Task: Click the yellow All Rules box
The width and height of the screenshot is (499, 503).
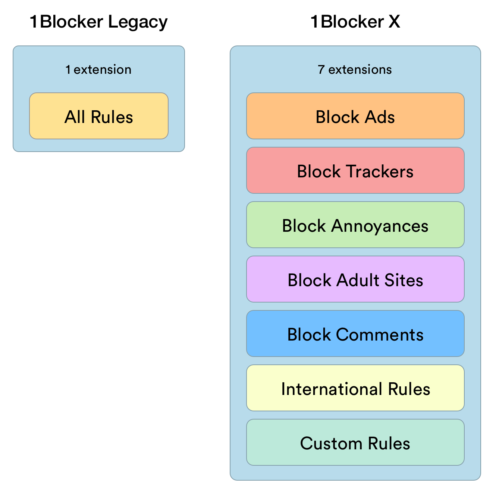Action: tap(99, 116)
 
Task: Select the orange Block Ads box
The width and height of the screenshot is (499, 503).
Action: tap(355, 116)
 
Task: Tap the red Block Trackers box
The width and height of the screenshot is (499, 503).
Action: tap(355, 170)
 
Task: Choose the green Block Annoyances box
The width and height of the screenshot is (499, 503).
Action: tap(355, 225)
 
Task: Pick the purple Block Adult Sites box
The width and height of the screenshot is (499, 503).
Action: tap(355, 279)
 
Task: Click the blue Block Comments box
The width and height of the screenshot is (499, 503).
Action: tap(355, 333)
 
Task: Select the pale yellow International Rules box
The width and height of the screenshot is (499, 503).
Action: tap(355, 388)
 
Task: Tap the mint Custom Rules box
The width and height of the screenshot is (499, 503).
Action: tap(355, 442)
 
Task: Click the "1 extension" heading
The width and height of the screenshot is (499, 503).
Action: tap(98, 70)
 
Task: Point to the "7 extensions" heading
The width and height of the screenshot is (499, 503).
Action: tap(355, 70)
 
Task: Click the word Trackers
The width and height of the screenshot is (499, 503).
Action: tap(380, 172)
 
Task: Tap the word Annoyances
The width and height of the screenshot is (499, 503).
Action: tap(380, 226)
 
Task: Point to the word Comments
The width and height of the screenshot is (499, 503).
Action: tap(380, 335)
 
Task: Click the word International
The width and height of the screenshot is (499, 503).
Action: tap(332, 389)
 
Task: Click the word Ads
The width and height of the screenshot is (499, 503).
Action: tap(380, 117)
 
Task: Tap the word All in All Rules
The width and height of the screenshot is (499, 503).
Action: tap(75, 117)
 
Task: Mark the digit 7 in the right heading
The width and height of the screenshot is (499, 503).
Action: tap(321, 70)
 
